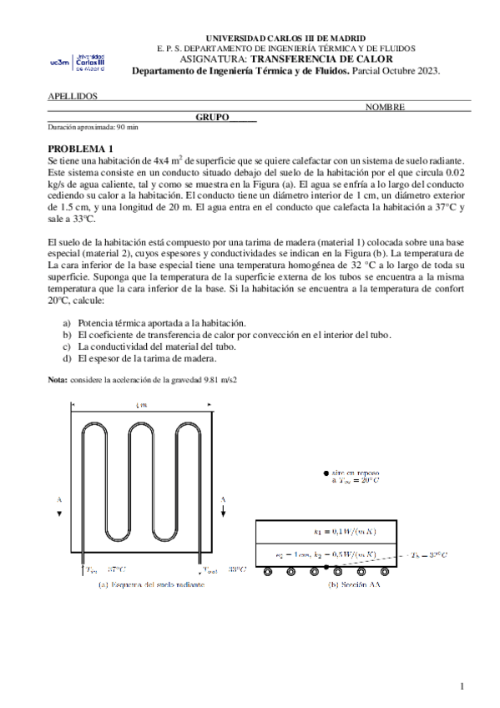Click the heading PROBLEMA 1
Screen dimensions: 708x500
click(x=80, y=148)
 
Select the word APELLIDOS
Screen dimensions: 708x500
click(x=73, y=96)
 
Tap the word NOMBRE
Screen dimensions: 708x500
click(x=385, y=107)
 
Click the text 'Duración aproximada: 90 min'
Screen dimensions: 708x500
click(x=93, y=127)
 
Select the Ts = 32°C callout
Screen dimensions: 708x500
click(x=430, y=554)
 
